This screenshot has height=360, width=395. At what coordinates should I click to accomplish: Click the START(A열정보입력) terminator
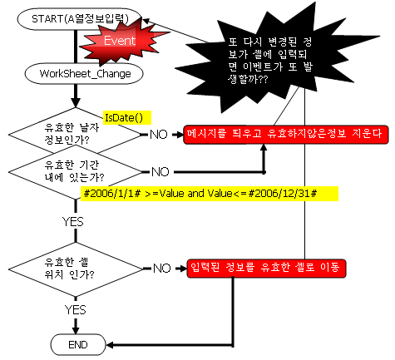[x=80, y=19]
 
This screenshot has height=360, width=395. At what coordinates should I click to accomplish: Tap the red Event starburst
[x=122, y=42]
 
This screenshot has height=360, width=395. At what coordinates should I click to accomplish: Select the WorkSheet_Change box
[x=84, y=73]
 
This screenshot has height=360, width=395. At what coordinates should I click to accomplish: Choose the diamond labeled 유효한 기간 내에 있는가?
[x=75, y=172]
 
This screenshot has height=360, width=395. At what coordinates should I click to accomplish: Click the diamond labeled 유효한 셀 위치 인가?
[x=76, y=269]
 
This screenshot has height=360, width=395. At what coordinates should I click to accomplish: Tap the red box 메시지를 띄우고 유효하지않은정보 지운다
[x=286, y=135]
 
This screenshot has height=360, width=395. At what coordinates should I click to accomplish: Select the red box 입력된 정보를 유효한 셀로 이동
[x=266, y=269]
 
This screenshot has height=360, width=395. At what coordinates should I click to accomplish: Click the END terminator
[x=78, y=344]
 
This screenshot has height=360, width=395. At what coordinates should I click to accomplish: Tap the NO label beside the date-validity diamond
[x=159, y=135]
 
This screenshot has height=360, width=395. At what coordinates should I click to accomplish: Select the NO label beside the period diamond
[x=160, y=172]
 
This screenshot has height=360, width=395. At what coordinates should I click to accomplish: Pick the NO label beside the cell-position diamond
[x=162, y=269]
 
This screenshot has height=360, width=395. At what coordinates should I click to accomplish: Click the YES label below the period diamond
[x=73, y=222]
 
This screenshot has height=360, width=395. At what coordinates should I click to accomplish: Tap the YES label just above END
[x=75, y=309]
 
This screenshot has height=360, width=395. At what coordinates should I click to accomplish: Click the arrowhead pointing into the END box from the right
[x=110, y=345]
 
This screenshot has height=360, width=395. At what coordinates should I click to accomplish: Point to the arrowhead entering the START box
[x=146, y=21]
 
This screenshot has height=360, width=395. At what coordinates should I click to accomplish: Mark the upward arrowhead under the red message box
[x=264, y=147]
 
